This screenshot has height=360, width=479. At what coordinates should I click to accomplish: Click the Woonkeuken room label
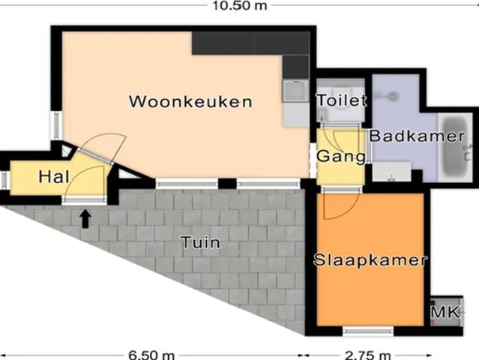tap(190, 101)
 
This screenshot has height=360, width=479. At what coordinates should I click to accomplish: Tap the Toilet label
tap(341, 100)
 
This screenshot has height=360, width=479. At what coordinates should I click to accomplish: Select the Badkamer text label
tap(406, 136)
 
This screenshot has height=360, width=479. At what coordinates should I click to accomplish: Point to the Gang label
tap(341, 157)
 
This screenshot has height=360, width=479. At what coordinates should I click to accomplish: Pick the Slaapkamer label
tap(370, 260)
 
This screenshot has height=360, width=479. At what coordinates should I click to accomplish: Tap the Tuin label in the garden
tap(200, 242)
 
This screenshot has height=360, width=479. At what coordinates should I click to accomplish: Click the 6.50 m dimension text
tap(152, 354)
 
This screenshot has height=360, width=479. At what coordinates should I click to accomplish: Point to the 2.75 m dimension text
tap(368, 354)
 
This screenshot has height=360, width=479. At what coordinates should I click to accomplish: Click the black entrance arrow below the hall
tap(85, 217)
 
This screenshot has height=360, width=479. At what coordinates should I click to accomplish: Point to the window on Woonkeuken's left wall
tap(55, 124)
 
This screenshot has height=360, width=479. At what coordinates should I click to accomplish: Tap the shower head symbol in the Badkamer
tap(385, 96)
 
